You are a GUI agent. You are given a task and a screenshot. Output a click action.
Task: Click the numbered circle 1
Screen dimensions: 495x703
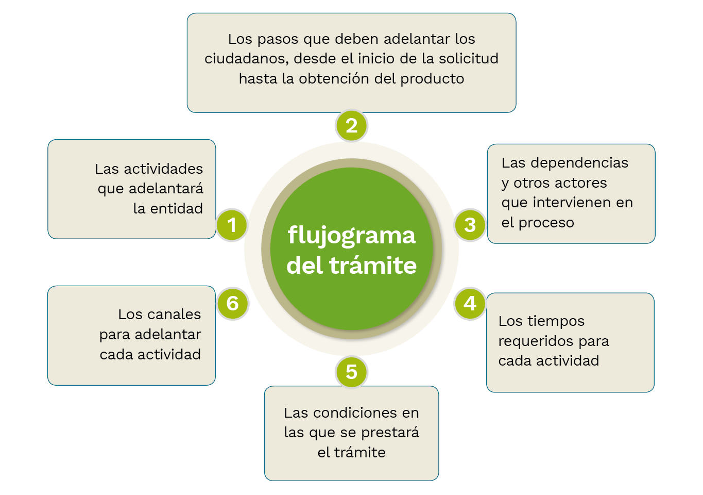click(x=232, y=225)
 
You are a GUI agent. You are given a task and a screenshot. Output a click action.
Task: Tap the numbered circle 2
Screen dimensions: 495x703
click(x=351, y=125)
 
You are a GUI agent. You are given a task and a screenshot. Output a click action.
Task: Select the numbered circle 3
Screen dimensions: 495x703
click(x=470, y=225)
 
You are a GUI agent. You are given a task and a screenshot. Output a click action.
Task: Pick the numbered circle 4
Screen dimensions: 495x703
click(x=470, y=303)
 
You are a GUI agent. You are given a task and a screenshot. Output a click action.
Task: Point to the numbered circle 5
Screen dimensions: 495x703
click(x=351, y=371)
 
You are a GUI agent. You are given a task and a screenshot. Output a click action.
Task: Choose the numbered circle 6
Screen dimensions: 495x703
click(x=232, y=303)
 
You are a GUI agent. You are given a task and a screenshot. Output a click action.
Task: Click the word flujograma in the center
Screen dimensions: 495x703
click(x=351, y=236)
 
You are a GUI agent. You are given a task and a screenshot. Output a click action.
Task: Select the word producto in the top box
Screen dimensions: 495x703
click(x=432, y=79)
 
